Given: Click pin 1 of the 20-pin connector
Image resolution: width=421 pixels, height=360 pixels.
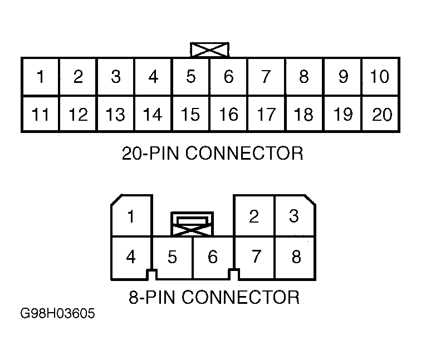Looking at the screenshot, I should [x=40, y=76].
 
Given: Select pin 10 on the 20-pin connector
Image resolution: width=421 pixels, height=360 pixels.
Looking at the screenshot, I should [x=380, y=76].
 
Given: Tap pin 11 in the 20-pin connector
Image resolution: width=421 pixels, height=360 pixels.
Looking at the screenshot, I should [x=40, y=114].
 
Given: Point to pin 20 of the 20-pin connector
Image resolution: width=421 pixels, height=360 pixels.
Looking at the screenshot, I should [x=382, y=114].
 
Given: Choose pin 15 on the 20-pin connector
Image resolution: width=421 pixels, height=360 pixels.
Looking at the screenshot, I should [x=190, y=114].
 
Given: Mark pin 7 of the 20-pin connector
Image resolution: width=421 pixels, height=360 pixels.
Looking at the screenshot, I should [x=266, y=76].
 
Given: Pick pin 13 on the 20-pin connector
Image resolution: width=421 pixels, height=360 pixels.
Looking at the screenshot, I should [x=115, y=114].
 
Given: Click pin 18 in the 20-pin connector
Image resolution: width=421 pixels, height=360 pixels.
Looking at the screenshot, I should [x=303, y=114].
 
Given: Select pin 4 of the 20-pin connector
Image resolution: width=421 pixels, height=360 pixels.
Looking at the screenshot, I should [x=153, y=76].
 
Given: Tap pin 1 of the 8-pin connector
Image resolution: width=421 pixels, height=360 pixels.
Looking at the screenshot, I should [x=131, y=216].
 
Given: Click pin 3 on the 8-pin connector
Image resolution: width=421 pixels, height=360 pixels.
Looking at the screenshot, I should [x=294, y=216].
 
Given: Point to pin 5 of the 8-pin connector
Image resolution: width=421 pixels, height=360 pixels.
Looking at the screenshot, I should [x=172, y=257].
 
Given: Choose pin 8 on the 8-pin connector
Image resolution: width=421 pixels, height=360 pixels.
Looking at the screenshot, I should [x=296, y=257].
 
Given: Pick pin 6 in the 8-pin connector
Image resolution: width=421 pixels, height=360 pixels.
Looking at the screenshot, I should [x=212, y=257].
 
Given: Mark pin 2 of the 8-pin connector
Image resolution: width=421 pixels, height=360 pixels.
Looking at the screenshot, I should [x=254, y=216].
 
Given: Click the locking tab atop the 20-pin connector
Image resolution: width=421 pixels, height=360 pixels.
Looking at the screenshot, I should [x=209, y=49].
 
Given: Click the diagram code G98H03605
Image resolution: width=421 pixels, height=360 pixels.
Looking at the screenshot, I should [x=57, y=314].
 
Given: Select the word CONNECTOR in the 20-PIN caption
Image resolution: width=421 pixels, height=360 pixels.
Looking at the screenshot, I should [x=244, y=153].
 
